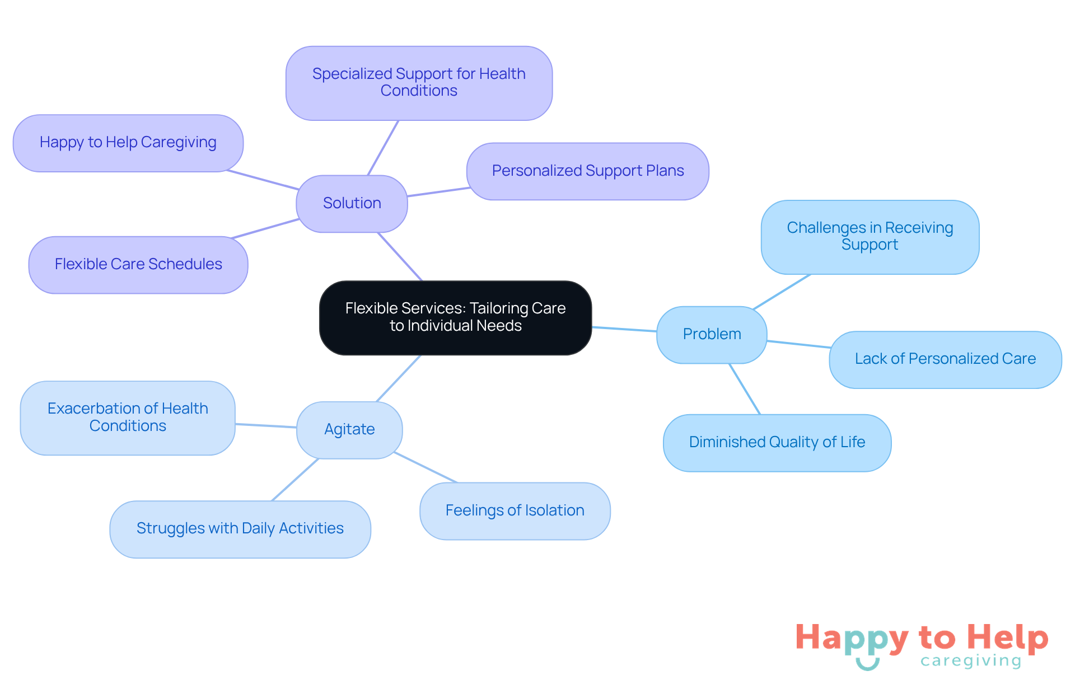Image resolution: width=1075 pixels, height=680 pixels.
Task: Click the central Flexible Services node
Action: (x=455, y=317)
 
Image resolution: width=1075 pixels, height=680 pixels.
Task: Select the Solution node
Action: (x=352, y=203)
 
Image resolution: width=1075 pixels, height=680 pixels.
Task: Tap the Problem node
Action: (x=712, y=334)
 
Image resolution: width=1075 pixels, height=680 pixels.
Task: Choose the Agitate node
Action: (x=349, y=429)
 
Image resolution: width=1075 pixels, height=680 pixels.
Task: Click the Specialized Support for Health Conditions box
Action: (x=419, y=83)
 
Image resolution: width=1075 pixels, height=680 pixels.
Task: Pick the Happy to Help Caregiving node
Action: (x=128, y=143)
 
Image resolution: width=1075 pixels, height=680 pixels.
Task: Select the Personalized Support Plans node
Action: (x=588, y=171)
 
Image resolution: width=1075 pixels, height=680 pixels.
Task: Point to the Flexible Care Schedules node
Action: (x=138, y=264)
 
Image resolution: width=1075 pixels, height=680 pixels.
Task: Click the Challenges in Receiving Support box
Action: (x=870, y=237)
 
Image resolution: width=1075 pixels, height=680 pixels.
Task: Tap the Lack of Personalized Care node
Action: (x=945, y=359)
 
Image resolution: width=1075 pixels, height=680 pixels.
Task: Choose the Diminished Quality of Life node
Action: (x=777, y=442)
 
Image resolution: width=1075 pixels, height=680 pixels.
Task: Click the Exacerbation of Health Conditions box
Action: (x=128, y=418)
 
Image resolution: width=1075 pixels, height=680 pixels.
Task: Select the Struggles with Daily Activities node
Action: (x=240, y=528)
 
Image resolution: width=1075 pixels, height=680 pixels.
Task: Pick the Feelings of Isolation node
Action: (x=515, y=510)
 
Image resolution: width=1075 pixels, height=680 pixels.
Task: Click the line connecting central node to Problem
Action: (x=624, y=329)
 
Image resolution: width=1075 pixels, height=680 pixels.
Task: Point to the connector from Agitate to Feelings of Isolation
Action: (x=426, y=467)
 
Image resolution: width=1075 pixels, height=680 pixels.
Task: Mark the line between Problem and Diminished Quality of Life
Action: (x=745, y=389)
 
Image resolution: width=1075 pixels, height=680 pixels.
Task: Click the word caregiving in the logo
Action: (x=971, y=661)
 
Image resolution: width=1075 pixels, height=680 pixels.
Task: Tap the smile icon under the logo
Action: (x=867, y=664)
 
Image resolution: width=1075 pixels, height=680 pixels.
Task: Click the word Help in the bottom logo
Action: (x=1007, y=638)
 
